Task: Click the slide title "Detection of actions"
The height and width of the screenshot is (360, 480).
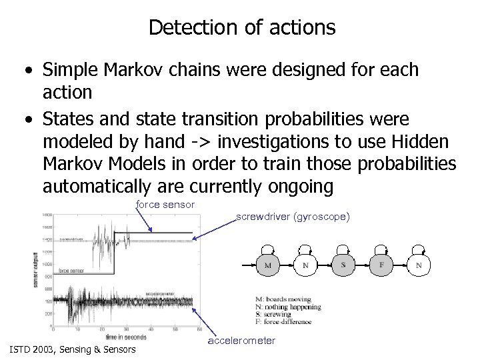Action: click(242, 27)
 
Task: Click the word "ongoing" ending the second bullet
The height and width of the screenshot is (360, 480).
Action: click(295, 187)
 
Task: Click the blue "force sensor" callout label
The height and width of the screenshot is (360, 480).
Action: click(165, 204)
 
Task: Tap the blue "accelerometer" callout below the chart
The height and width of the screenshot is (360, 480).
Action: click(241, 341)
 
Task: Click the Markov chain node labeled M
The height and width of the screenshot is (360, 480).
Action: click(267, 265)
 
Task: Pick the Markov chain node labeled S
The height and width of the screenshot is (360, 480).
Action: click(343, 265)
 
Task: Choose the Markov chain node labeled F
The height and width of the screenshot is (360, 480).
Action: click(381, 265)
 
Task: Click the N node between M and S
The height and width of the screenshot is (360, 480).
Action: click(305, 265)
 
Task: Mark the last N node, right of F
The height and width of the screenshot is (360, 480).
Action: click(419, 265)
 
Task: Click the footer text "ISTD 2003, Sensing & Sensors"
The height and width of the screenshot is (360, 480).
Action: click(72, 349)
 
